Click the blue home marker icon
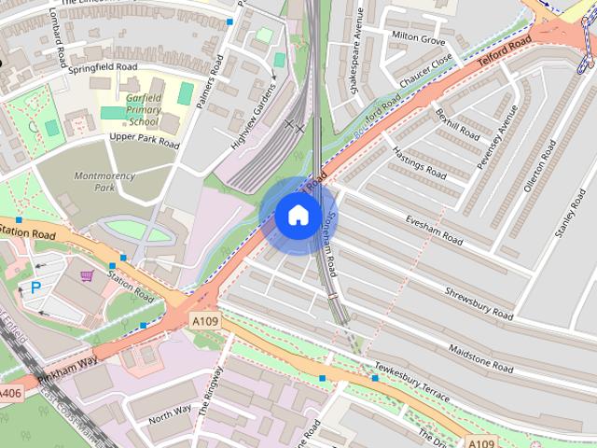coord(297,216)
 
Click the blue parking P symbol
coord(35,288)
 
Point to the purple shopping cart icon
coord(87,276)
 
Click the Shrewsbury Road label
coord(479,301)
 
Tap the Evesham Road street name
coord(434,228)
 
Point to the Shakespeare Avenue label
coord(354,58)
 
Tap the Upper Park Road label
coord(144,141)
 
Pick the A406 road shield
coord(10,391)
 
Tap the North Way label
coord(170,411)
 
